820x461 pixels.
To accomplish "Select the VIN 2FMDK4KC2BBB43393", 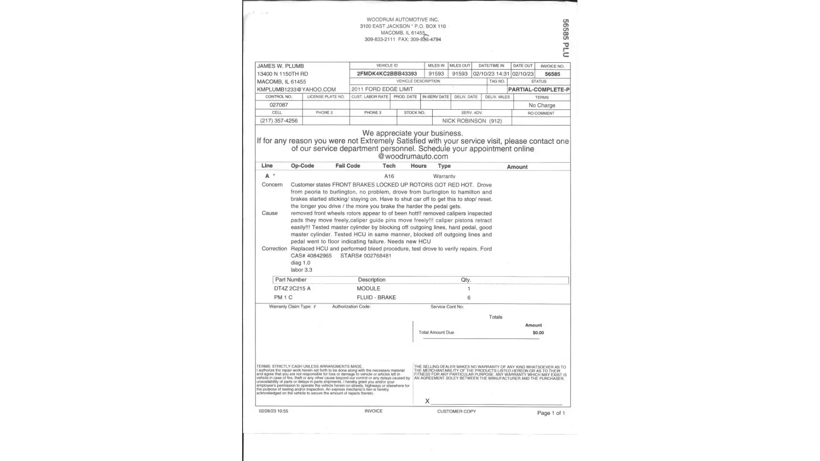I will [386, 74].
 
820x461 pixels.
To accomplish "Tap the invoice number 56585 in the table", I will [552, 74].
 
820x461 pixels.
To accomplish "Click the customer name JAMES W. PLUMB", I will [280, 66].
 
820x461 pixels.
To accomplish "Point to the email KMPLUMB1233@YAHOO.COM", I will [296, 89].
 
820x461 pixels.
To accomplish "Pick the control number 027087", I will [279, 105].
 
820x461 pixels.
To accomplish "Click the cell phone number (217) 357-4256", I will [279, 121].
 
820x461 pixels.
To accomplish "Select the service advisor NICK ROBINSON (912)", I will [471, 121].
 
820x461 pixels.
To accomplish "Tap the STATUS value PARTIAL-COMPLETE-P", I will [538, 89].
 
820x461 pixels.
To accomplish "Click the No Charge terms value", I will [541, 105].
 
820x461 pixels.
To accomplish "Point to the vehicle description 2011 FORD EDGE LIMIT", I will [382, 89].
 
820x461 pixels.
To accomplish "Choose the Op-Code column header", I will [302, 166].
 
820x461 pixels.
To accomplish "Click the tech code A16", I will [389, 176].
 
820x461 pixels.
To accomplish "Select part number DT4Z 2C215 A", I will [292, 289].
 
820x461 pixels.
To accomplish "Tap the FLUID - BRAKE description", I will [376, 297].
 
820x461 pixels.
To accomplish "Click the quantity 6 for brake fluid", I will [469, 298].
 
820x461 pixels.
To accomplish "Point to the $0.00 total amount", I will [538, 333].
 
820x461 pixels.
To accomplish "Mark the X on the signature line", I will [427, 401].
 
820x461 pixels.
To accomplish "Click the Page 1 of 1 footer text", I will [551, 413].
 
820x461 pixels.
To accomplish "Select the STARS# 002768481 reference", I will [365, 256].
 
